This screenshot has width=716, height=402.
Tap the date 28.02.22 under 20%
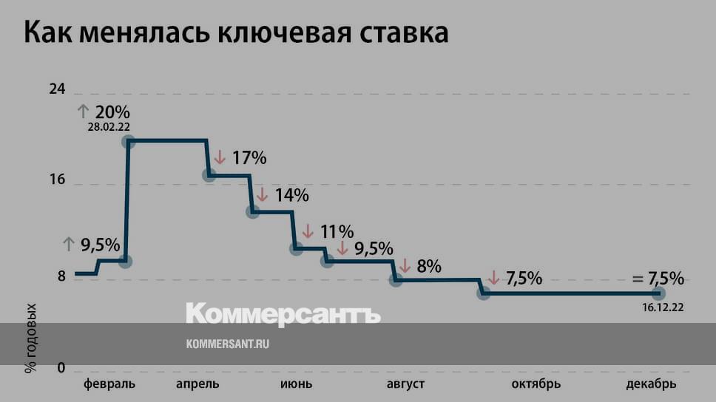[x=109, y=127]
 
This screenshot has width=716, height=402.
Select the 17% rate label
[x=249, y=157]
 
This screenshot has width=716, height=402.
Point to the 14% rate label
[x=291, y=195]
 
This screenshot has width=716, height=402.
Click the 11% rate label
[x=337, y=232]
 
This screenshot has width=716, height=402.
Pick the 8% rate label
[x=429, y=265]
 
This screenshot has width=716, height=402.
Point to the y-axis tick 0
[x=61, y=368]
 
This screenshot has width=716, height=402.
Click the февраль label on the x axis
[x=109, y=384]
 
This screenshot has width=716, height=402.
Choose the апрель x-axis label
[x=197, y=384]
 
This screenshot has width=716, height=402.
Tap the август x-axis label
[x=405, y=384]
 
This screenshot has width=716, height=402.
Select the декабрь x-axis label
[x=651, y=384]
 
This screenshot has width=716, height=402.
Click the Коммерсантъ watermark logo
[x=283, y=314]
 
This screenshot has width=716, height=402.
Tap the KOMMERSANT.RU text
[x=226, y=344]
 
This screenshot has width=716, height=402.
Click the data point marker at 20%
[x=129, y=142]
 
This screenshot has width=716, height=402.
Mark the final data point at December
[x=658, y=294]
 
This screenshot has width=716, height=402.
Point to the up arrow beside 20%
[x=84, y=112]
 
